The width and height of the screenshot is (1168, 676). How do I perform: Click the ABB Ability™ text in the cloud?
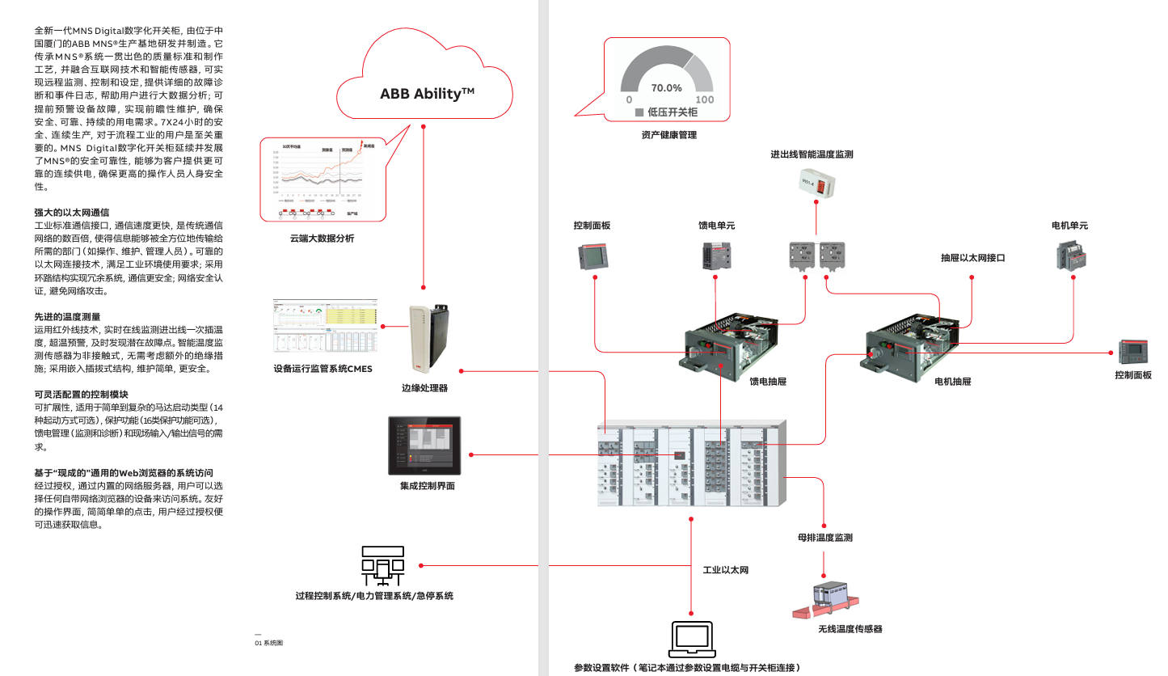coord(427,94)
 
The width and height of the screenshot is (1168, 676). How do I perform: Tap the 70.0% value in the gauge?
coord(667,87)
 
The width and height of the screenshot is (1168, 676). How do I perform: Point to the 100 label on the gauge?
coord(705,99)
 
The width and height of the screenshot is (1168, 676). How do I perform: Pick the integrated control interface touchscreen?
coord(424,446)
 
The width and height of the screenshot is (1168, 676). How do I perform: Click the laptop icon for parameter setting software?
coord(692,639)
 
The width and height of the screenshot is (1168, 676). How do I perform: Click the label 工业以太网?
coord(726,570)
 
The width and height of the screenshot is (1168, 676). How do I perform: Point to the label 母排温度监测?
coord(824,537)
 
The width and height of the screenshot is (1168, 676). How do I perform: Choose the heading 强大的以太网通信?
coord(72,212)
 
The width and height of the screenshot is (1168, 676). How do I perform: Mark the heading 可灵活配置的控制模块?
coord(81,395)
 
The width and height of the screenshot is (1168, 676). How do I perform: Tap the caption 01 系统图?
coord(268,643)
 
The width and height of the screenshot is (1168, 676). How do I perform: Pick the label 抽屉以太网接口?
coord(972,258)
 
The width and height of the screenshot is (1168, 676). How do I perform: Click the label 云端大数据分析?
coord(322,239)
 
